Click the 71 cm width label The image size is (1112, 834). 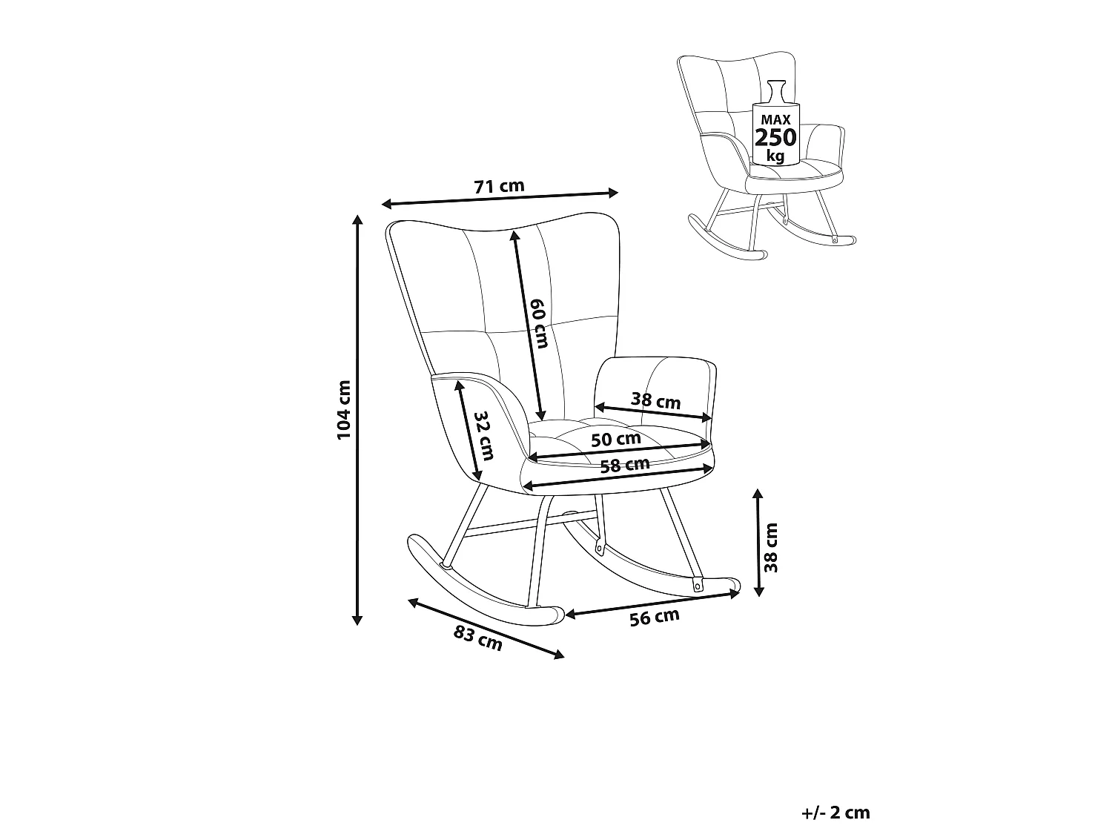(499, 186)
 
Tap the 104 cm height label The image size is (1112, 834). (344, 410)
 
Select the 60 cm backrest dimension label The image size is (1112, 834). (539, 323)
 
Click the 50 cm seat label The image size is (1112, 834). (616, 439)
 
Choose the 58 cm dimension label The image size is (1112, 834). (625, 465)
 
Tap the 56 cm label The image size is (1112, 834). (654, 618)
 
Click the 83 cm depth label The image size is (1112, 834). (477, 639)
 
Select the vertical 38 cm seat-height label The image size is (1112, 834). (770, 548)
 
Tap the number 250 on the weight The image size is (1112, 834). (775, 138)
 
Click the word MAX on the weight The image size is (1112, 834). (775, 119)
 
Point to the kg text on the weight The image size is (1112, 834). (775, 156)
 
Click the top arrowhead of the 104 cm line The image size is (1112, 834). (357, 219)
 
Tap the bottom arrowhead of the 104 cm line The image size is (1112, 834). (357, 620)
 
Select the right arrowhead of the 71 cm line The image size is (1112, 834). (613, 193)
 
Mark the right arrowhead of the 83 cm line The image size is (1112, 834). (559, 655)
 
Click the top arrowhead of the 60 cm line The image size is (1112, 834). (514, 236)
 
